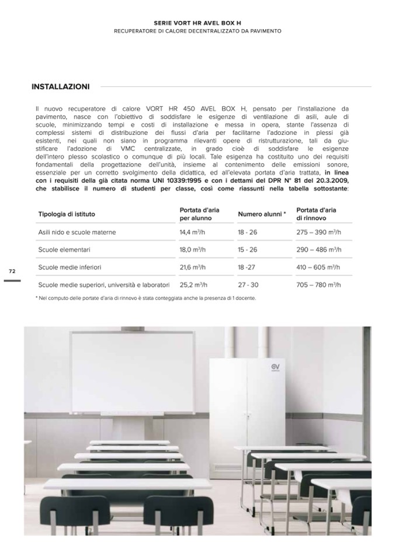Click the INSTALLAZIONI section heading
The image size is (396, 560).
point(61,87)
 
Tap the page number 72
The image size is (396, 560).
point(12,272)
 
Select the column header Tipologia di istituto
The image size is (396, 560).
point(67,214)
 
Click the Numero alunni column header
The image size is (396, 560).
point(262,214)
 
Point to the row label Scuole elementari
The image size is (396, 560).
point(64,250)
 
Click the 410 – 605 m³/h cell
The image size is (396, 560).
point(318,267)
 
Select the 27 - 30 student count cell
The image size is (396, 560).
point(248,286)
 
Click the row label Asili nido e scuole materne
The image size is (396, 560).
point(77,232)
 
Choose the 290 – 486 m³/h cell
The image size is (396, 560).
point(318,250)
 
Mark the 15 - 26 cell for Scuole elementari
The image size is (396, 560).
point(247,250)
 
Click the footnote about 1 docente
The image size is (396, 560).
point(145,298)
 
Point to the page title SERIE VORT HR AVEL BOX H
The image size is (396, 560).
point(197,22)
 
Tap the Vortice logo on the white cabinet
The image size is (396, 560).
point(275,367)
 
